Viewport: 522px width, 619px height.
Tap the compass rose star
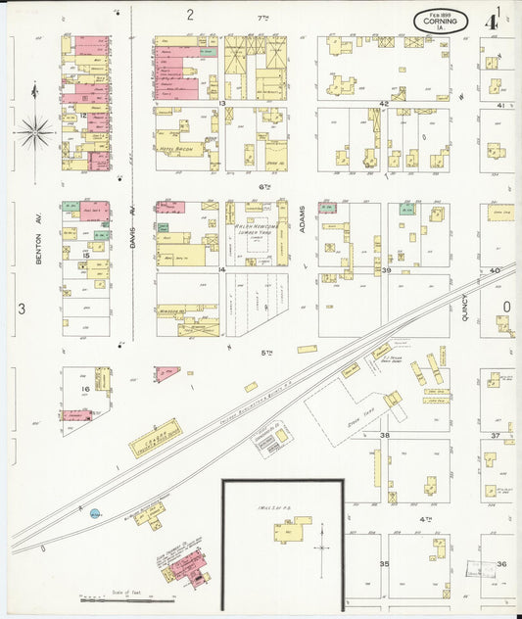click(x=35, y=129)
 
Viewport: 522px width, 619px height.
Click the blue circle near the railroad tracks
click(x=95, y=512)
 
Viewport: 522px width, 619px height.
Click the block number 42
click(x=385, y=103)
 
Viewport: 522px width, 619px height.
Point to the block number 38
click(x=385, y=434)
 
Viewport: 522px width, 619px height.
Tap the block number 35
click(x=385, y=564)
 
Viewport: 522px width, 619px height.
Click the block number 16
click(x=85, y=389)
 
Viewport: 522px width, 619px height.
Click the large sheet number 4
click(x=498, y=17)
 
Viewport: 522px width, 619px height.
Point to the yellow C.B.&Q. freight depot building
click(x=156, y=438)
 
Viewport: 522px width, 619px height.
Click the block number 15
click(x=86, y=255)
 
